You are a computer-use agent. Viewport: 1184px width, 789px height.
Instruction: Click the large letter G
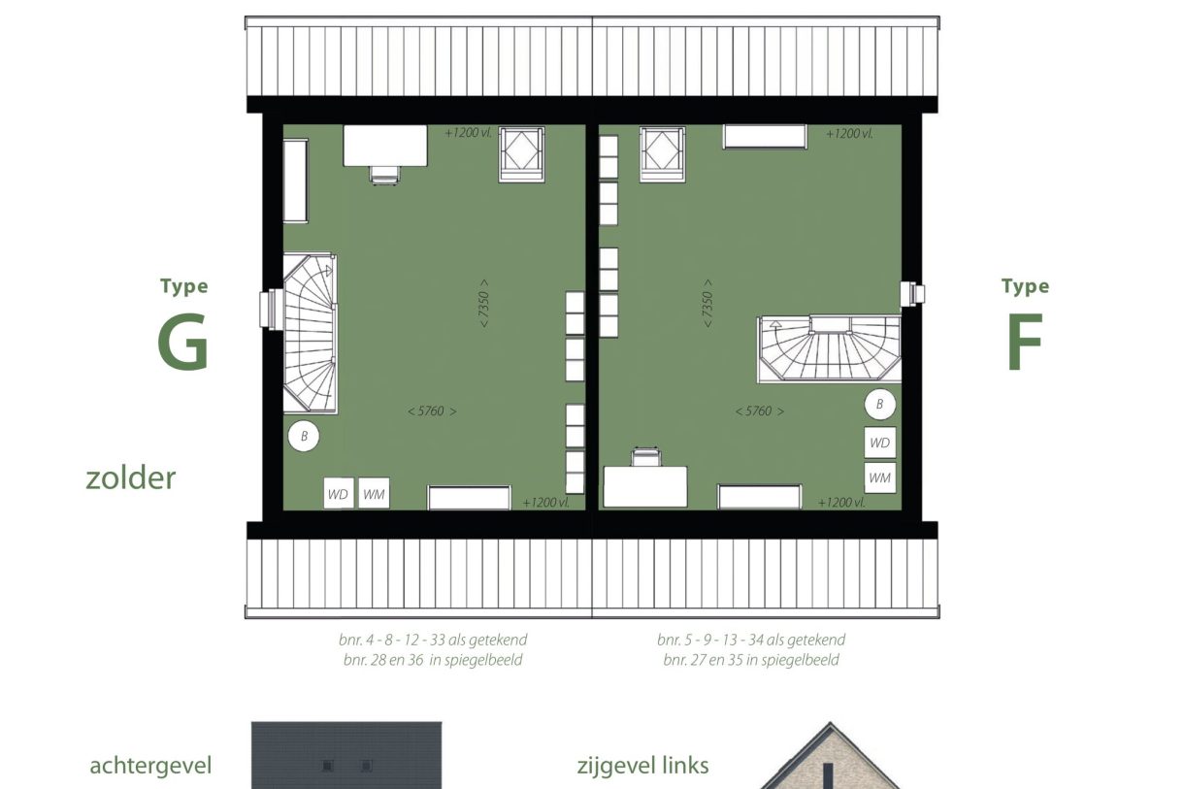pyautogui.click(x=183, y=344)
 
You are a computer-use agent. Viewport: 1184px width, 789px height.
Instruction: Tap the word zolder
pyautogui.click(x=131, y=477)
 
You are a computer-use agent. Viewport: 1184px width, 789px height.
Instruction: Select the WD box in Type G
pyautogui.click(x=338, y=494)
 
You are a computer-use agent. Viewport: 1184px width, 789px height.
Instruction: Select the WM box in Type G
pyautogui.click(x=374, y=494)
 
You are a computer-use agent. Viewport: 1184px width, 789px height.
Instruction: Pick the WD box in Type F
pyautogui.click(x=880, y=443)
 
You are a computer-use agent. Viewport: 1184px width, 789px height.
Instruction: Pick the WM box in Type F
pyautogui.click(x=880, y=477)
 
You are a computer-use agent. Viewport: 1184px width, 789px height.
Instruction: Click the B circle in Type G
pyautogui.click(x=304, y=437)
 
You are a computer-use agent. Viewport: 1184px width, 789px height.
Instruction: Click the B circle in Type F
pyautogui.click(x=880, y=404)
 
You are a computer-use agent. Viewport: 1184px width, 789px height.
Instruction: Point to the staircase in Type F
pyautogui.click(x=829, y=348)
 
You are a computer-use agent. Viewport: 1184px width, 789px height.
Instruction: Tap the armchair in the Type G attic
pyautogui.click(x=522, y=153)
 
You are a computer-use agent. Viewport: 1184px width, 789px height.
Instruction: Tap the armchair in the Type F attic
pyautogui.click(x=663, y=153)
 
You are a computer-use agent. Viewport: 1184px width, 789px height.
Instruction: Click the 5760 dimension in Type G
pyautogui.click(x=432, y=411)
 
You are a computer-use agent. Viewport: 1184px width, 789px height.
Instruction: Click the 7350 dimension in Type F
pyautogui.click(x=707, y=311)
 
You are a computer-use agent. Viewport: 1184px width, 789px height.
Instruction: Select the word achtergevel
pyautogui.click(x=150, y=766)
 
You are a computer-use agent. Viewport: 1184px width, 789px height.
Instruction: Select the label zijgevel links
pyautogui.click(x=642, y=766)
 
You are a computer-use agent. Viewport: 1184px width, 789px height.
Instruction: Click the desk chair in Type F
pyautogui.click(x=644, y=457)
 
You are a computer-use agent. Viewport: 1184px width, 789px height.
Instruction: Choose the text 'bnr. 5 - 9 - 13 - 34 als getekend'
pyautogui.click(x=750, y=641)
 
